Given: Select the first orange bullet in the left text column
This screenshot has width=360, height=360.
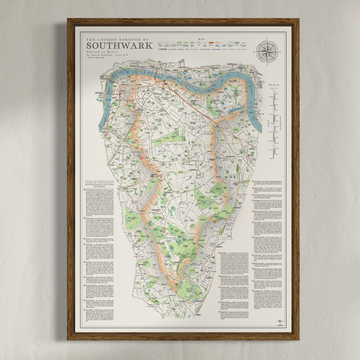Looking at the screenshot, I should click(x=84, y=192).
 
